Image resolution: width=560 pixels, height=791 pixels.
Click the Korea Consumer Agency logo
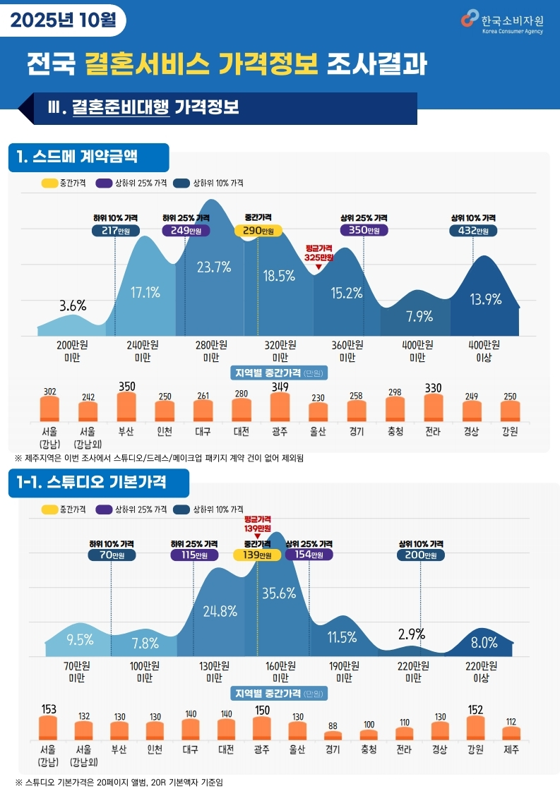(502, 22)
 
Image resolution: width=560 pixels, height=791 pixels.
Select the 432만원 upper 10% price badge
(472, 231)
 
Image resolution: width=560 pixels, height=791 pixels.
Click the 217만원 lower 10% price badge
(115, 231)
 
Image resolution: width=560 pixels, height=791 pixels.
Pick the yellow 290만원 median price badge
(258, 231)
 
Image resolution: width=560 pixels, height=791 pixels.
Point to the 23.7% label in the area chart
(214, 267)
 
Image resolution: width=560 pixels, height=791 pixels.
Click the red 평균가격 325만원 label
(318, 253)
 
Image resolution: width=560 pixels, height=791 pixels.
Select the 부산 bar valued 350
(126, 407)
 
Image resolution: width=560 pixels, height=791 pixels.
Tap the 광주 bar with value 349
(280, 407)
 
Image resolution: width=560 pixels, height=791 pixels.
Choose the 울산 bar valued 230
(318, 412)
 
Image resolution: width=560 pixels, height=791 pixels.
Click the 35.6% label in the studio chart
(279, 593)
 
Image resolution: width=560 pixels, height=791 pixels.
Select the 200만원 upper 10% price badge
(420, 555)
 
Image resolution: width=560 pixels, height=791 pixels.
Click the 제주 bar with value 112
(511, 733)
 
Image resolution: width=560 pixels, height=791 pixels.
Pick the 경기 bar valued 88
(333, 735)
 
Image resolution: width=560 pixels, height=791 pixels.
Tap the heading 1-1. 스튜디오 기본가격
(98, 483)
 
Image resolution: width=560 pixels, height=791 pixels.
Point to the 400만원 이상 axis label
(484, 351)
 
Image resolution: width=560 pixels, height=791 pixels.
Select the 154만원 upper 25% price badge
(309, 555)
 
